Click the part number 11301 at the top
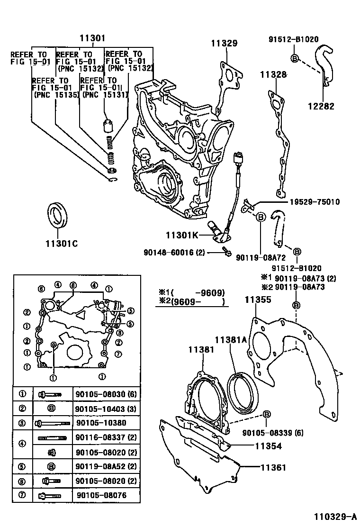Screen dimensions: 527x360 [x=92, y=38]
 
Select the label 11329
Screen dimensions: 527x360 [x=224, y=43]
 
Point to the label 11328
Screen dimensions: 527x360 [x=273, y=74]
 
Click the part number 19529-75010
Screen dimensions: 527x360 [x=314, y=202]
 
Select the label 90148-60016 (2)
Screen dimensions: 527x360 [x=174, y=253]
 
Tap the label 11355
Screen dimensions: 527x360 [x=258, y=299]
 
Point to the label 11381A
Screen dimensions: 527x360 [x=231, y=339]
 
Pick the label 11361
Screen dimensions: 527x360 [x=273, y=467]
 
